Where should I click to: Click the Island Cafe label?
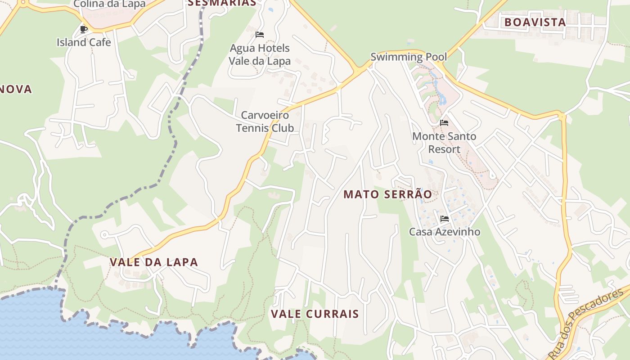point(84,42)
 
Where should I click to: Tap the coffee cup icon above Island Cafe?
point(83,29)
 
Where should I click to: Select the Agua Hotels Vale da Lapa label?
point(260,54)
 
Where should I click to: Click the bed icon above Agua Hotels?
point(260,34)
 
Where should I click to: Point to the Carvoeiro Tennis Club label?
point(265,121)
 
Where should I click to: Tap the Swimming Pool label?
point(409,57)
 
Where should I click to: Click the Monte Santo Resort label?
point(444,142)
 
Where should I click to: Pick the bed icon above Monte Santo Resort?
point(444,122)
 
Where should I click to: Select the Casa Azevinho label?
point(444,232)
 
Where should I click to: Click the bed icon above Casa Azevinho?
point(445,219)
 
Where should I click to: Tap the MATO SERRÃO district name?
point(387,194)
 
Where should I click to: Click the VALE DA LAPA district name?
point(154,262)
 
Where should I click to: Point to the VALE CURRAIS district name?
point(315,314)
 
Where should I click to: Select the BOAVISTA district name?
point(535,22)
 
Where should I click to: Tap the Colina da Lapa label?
point(109,4)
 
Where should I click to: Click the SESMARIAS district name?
point(222,3)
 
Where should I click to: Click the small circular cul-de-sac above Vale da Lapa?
point(104,234)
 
